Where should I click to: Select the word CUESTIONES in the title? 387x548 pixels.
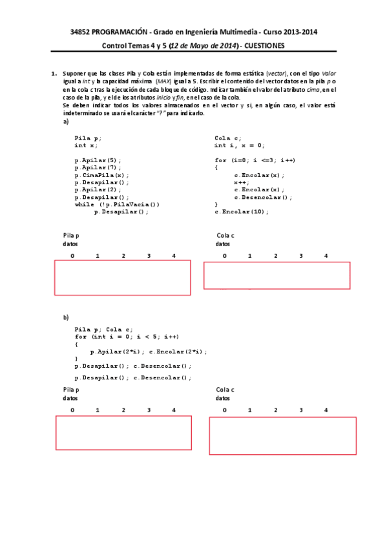click(x=264, y=45)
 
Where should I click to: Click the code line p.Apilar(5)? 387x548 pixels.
click(x=97, y=160)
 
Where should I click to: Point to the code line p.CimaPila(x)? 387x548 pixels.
click(x=101, y=174)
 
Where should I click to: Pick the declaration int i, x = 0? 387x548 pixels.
click(x=239, y=145)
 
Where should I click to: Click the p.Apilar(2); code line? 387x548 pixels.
click(x=97, y=189)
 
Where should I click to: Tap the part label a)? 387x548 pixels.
click(x=65, y=121)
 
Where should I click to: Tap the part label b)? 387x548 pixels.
click(x=65, y=317)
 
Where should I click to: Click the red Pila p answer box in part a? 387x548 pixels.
click(x=123, y=277)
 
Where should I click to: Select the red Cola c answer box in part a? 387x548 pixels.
click(x=277, y=275)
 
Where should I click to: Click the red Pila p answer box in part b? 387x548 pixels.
click(x=123, y=432)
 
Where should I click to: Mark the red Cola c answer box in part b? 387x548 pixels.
click(x=282, y=436)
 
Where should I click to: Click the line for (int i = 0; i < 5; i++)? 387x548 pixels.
click(x=127, y=337)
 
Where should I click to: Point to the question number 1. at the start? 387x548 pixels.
click(x=54, y=74)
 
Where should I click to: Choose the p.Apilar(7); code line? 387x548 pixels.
click(x=97, y=167)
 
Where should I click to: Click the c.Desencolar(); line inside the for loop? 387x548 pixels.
click(x=263, y=197)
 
